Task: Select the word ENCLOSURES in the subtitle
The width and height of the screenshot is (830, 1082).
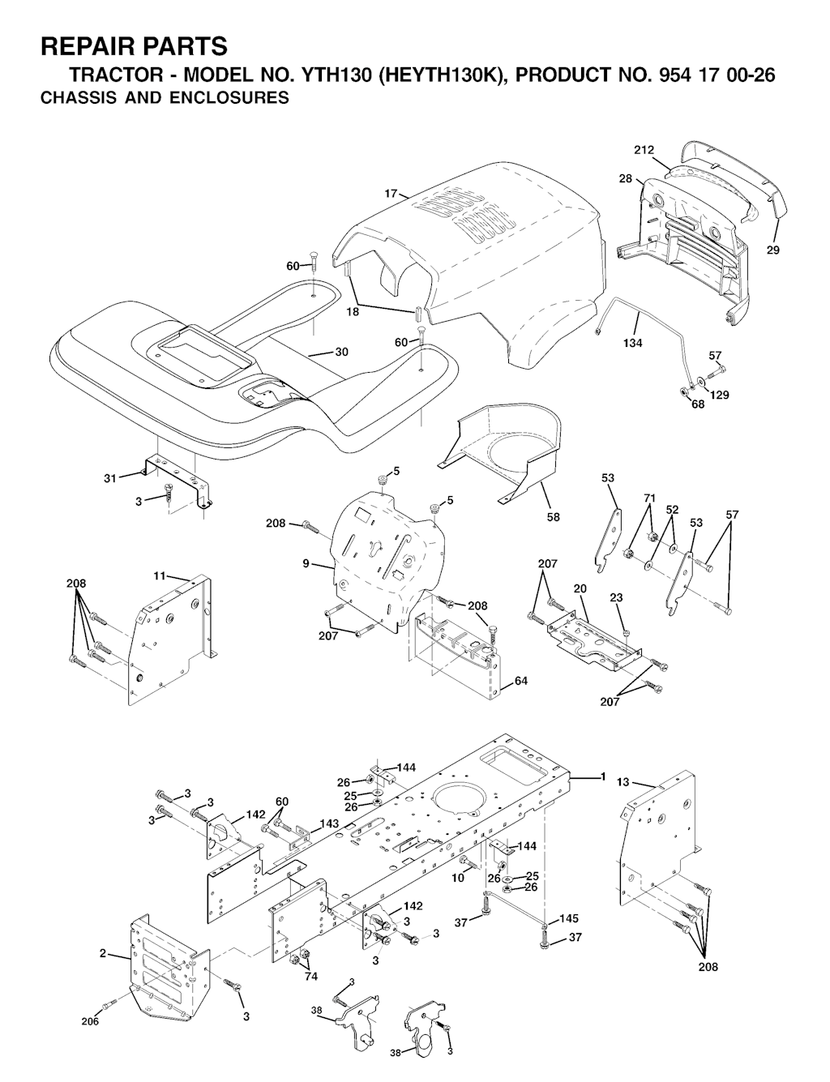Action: [x=229, y=97]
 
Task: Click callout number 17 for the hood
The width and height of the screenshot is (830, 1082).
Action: [x=391, y=193]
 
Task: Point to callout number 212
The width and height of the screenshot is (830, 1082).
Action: [x=644, y=150]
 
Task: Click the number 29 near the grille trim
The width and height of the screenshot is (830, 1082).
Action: [x=772, y=250]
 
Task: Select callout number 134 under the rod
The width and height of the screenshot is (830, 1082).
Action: [x=633, y=343]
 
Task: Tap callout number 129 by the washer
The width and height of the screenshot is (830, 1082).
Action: [x=720, y=395]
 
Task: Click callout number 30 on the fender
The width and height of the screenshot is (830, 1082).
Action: [x=341, y=352]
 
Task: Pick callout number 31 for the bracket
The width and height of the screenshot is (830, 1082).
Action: [x=110, y=478]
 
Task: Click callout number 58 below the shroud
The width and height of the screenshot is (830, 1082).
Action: [x=553, y=517]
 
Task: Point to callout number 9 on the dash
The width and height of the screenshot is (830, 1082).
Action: [x=306, y=563]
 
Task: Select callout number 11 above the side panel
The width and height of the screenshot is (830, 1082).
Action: [x=160, y=576]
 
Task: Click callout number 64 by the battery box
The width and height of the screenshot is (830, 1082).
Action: [x=521, y=681]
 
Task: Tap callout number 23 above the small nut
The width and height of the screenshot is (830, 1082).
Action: [x=616, y=597]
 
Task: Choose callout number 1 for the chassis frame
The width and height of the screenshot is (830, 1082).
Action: [x=603, y=776]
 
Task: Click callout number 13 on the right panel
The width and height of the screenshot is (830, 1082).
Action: [x=622, y=782]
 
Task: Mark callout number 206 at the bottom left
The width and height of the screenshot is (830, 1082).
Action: [x=90, y=1021]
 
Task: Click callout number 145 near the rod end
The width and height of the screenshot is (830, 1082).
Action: [x=569, y=918]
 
